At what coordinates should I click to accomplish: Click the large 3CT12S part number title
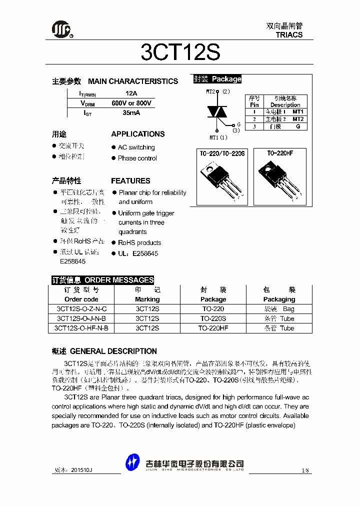(x=180, y=52)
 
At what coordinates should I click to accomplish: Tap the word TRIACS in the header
(x=289, y=35)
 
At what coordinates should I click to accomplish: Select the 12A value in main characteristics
(x=131, y=93)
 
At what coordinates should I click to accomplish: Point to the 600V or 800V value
(x=131, y=103)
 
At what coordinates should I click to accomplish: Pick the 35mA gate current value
(x=131, y=113)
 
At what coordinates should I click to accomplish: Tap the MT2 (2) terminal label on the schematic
(x=218, y=91)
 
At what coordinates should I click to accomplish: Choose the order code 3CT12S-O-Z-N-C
(x=81, y=309)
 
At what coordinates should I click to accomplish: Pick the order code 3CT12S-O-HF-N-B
(x=81, y=328)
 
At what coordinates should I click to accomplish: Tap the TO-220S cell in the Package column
(x=213, y=318)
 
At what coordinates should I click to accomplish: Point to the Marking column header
(x=147, y=299)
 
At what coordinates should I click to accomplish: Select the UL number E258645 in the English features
(x=145, y=253)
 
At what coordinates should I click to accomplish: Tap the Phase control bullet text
(x=137, y=158)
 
